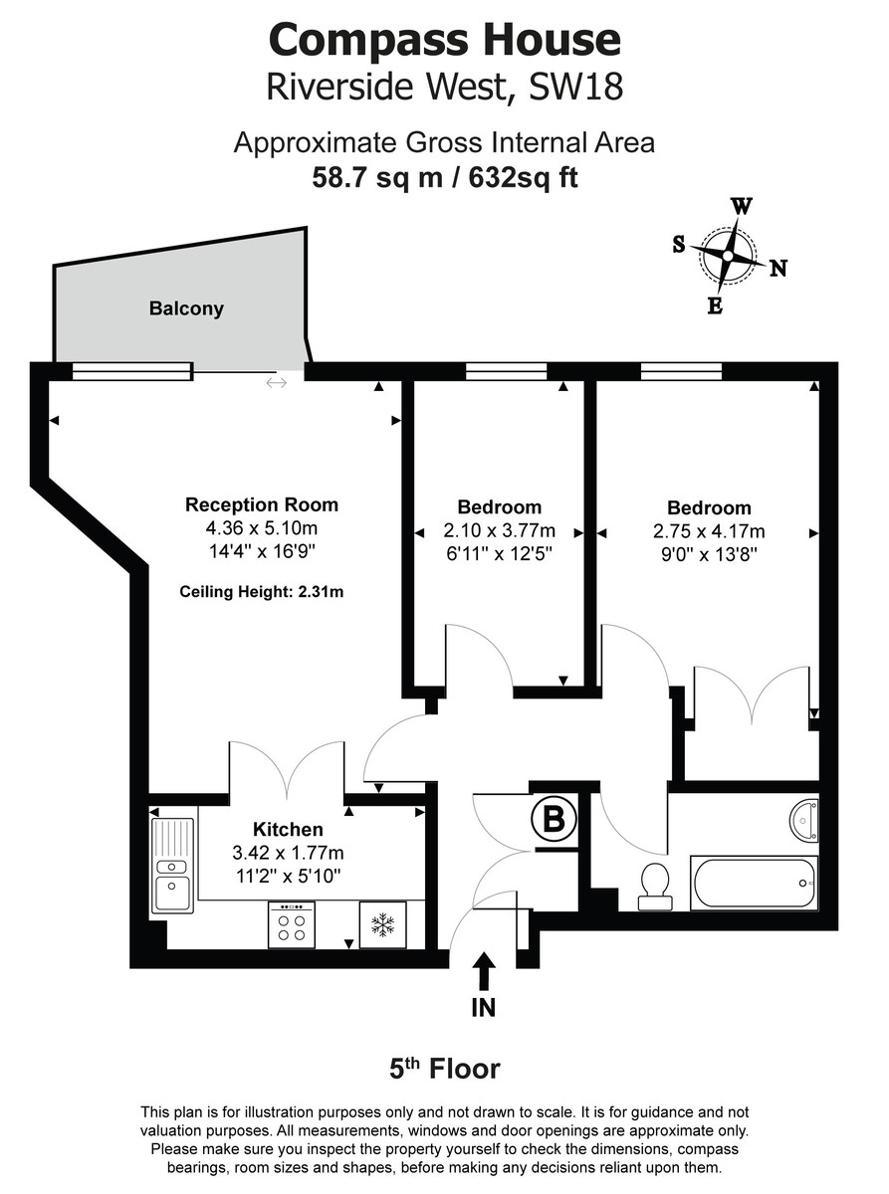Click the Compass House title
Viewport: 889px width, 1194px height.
(x=444, y=41)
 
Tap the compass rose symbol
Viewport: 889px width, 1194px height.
(x=728, y=256)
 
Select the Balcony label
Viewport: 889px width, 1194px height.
(x=186, y=308)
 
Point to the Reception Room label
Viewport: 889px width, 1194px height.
(x=262, y=504)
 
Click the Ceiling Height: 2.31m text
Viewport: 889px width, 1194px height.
(x=262, y=592)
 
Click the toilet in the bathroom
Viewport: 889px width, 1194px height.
(x=653, y=885)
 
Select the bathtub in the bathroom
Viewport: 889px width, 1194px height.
(x=755, y=882)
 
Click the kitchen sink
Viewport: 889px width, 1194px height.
(x=172, y=864)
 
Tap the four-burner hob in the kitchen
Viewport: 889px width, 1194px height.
(x=292, y=925)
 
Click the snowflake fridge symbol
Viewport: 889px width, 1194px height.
(x=382, y=925)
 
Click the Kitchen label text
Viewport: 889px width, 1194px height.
(x=288, y=829)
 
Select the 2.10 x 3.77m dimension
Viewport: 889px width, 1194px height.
(x=500, y=530)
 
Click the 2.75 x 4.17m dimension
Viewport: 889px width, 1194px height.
(x=709, y=530)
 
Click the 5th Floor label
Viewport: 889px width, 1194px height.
(x=444, y=1070)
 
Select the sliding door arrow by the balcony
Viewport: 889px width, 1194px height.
(x=277, y=383)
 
